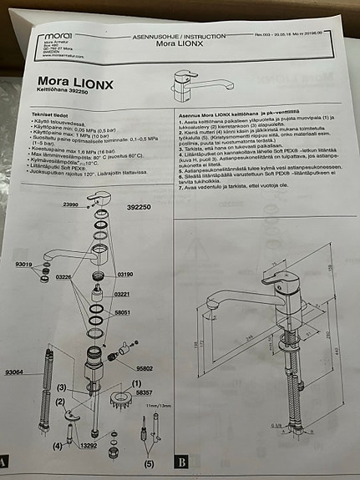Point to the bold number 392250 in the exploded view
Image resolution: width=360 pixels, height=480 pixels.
click(x=139, y=205)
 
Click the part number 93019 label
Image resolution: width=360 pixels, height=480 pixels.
click(x=24, y=264)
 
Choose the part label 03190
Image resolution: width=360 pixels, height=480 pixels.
click(x=124, y=274)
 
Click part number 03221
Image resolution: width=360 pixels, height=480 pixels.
click(x=122, y=294)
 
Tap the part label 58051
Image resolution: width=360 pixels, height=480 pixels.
click(x=123, y=313)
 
